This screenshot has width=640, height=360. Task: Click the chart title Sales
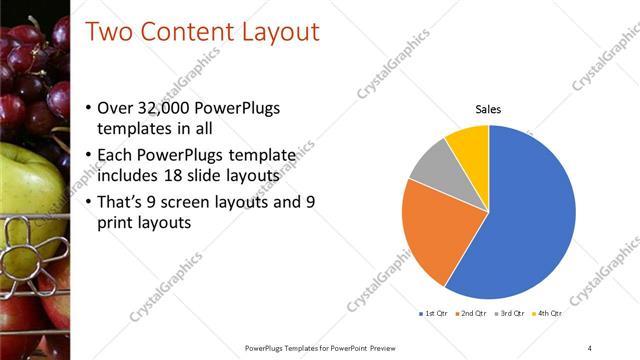click(x=488, y=109)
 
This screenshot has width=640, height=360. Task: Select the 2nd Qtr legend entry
click(x=472, y=314)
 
